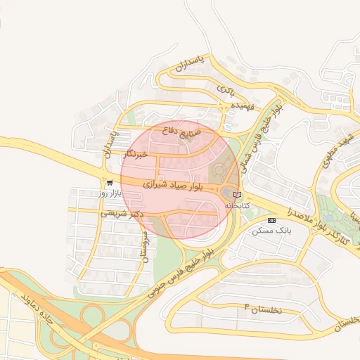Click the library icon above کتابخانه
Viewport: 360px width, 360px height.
[237, 195]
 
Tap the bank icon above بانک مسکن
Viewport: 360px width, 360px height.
[272, 220]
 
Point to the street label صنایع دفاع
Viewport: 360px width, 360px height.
[181, 131]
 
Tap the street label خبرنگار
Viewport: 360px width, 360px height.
[136, 153]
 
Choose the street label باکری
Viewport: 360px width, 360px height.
[225, 90]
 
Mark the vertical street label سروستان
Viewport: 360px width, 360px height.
[146, 246]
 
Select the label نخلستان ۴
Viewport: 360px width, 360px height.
[262, 308]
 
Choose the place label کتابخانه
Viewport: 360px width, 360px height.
[237, 205]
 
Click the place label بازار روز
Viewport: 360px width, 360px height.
[110, 192]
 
